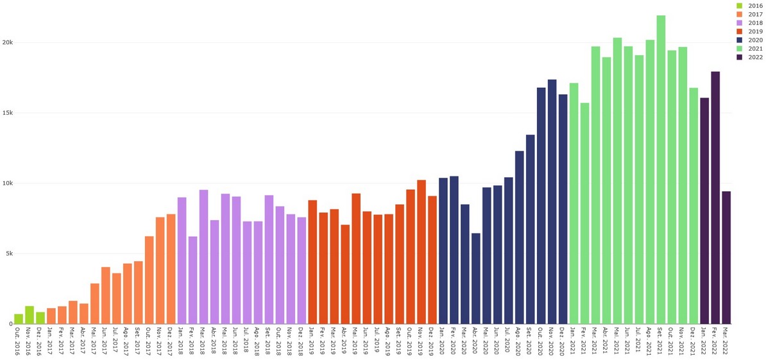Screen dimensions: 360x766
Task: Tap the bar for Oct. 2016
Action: pos(19,319)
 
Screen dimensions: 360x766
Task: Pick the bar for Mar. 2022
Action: pos(726,257)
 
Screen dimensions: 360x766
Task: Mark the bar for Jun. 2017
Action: pos(106,295)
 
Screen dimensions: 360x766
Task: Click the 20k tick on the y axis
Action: pos(7,42)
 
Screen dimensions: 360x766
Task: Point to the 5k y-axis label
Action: pos(8,253)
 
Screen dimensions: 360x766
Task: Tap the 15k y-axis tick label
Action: pos(7,113)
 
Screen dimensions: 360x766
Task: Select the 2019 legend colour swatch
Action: pos(740,31)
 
